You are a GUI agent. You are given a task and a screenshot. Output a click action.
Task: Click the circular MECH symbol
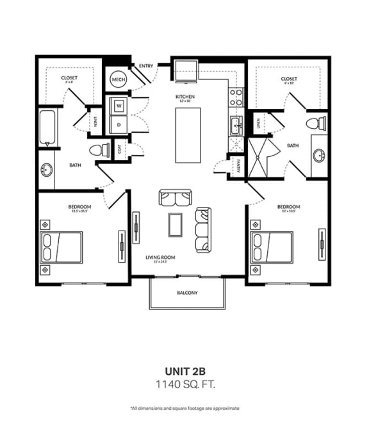[x=118, y=79]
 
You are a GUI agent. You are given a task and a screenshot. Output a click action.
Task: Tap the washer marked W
[x=119, y=106]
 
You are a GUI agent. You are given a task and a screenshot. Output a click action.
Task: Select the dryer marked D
[x=119, y=124]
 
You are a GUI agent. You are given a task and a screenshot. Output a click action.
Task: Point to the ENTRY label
[x=146, y=65]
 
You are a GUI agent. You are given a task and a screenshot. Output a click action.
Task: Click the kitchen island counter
[x=188, y=135]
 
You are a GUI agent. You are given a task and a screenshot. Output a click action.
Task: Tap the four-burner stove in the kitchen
[x=235, y=97]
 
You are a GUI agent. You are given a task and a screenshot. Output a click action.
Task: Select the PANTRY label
[x=238, y=165]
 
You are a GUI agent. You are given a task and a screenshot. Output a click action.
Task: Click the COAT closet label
[x=119, y=149]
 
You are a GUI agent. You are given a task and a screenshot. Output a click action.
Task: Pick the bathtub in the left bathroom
[x=47, y=129]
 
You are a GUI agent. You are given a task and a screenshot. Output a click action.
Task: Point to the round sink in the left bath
[x=46, y=170]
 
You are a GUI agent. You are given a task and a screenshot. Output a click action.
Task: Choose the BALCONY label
[x=187, y=293]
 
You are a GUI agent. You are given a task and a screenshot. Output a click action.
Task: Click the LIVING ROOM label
[x=160, y=258]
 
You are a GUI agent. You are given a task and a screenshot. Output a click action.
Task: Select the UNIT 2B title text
[x=184, y=370]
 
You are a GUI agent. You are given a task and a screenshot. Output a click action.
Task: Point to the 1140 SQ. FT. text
[x=184, y=384]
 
